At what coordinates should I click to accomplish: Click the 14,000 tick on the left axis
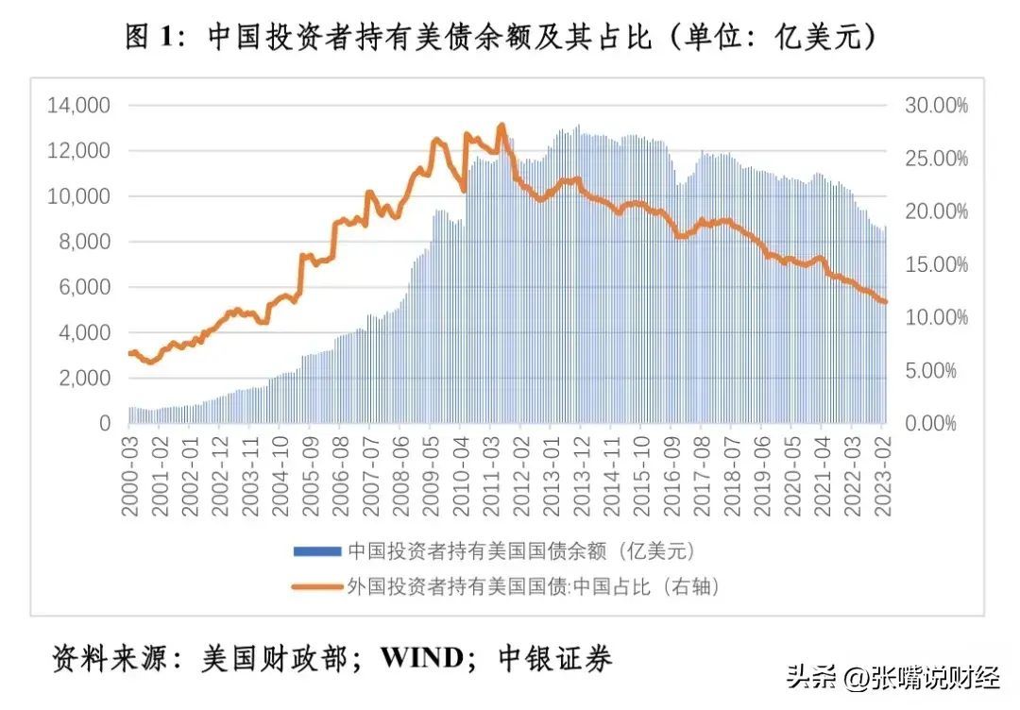(x=79, y=106)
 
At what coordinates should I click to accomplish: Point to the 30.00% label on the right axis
(x=937, y=106)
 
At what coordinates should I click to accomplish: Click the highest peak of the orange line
(x=501, y=125)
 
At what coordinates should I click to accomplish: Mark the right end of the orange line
(x=885, y=302)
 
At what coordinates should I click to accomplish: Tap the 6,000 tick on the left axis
(x=85, y=287)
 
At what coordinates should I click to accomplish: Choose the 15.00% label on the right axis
(x=937, y=264)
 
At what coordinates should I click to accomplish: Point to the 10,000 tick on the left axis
(x=79, y=196)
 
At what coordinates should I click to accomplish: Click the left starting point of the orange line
(x=129, y=353)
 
